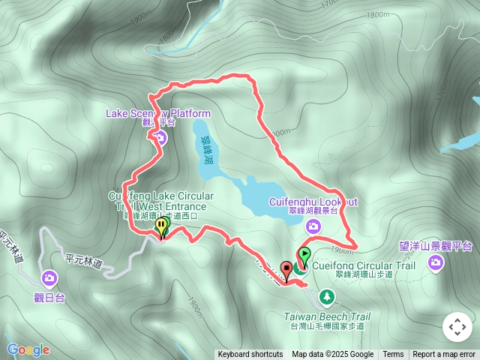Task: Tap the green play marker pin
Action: coord(304,255)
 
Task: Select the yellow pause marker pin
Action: coord(160,226)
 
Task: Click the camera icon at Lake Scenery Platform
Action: coord(160,136)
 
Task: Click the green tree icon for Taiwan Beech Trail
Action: coord(327,298)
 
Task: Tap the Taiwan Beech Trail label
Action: coord(327,316)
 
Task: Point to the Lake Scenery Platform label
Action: coord(158,113)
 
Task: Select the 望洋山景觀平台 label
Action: coord(436,245)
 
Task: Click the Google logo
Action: coord(28,349)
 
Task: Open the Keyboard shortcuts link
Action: coord(250,355)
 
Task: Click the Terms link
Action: coord(393,355)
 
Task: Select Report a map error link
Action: coord(444,355)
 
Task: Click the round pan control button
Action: coord(457,327)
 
